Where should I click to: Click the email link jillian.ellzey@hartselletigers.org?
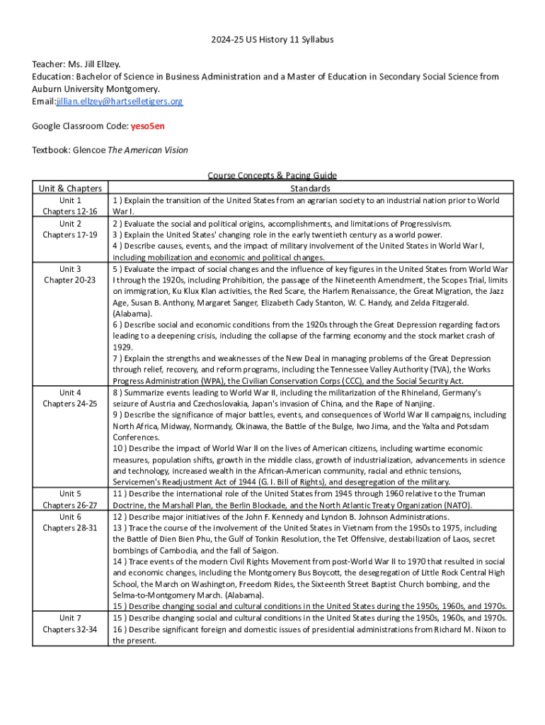point(120,101)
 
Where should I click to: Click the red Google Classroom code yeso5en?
point(149,126)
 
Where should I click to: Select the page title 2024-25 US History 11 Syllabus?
point(272,40)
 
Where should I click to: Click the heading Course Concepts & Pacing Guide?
point(272,176)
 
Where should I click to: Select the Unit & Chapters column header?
point(70,188)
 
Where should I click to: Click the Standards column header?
point(310,188)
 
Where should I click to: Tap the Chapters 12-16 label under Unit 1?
point(70,212)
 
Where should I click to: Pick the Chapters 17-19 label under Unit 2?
point(70,235)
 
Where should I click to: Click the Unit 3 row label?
point(70,269)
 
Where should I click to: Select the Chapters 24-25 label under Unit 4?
point(70,404)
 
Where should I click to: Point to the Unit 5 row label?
point(70,493)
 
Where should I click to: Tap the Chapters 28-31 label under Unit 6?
point(70,528)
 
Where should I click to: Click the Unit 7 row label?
point(70,618)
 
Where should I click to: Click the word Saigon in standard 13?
point(263,551)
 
